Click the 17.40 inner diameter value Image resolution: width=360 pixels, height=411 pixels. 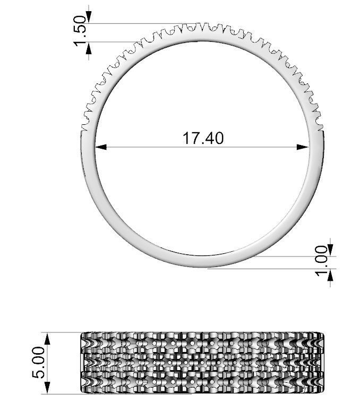point(203,138)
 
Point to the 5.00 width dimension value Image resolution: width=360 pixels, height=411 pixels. point(39,364)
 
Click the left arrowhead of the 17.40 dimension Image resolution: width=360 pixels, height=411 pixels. point(100,147)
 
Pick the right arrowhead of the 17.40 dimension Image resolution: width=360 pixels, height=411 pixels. point(304,147)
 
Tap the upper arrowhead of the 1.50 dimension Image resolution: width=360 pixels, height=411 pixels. point(88,19)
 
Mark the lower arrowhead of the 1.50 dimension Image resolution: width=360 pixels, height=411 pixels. point(88,47)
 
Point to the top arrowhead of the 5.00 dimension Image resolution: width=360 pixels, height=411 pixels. point(49,338)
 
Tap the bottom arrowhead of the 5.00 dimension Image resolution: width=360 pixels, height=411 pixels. point(49,389)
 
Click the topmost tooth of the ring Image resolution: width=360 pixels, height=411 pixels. point(201,25)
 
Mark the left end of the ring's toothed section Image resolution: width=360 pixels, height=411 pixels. point(83,127)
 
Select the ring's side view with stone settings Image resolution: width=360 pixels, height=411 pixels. point(202,364)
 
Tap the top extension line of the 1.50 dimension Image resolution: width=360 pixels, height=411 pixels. point(138,23)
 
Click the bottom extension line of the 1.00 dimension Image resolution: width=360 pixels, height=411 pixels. point(265,269)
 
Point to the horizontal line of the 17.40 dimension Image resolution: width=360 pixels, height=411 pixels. point(159,147)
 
